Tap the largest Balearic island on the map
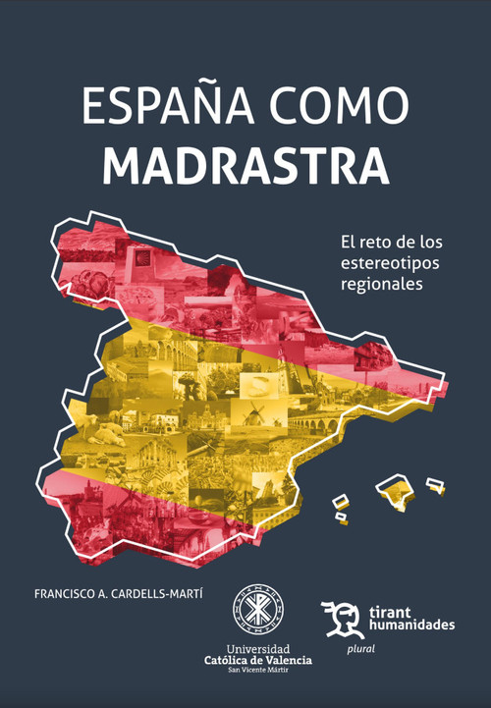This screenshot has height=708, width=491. point(393,488)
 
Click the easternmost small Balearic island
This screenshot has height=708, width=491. point(435,483)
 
